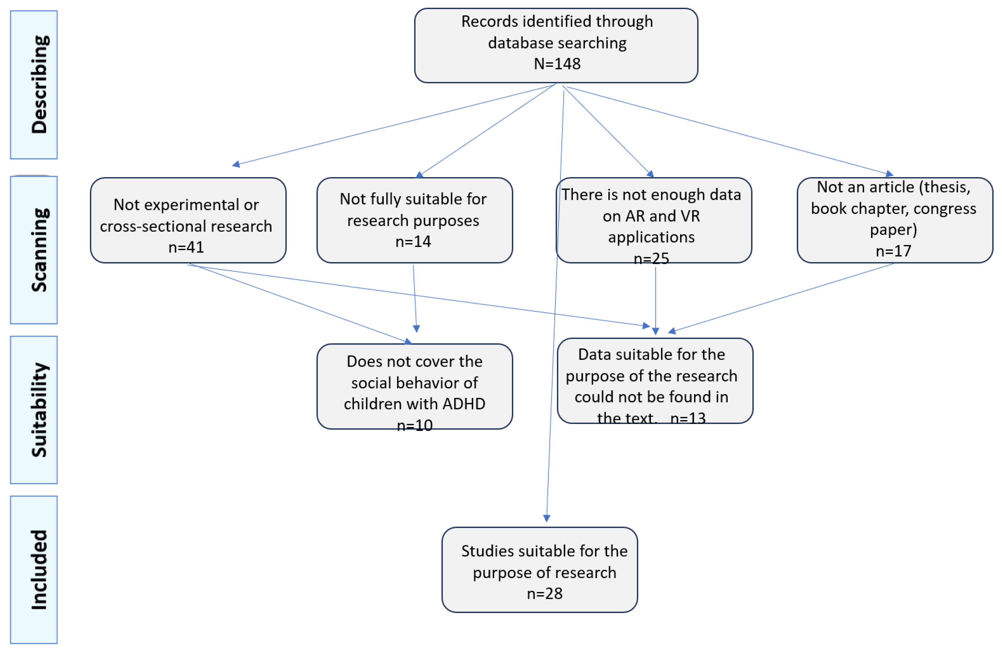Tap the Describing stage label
39,85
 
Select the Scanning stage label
39,250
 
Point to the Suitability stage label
39,410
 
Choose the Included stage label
39,570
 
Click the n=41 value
186,247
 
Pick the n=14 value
413,242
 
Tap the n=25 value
651,258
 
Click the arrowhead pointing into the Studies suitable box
546,518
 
